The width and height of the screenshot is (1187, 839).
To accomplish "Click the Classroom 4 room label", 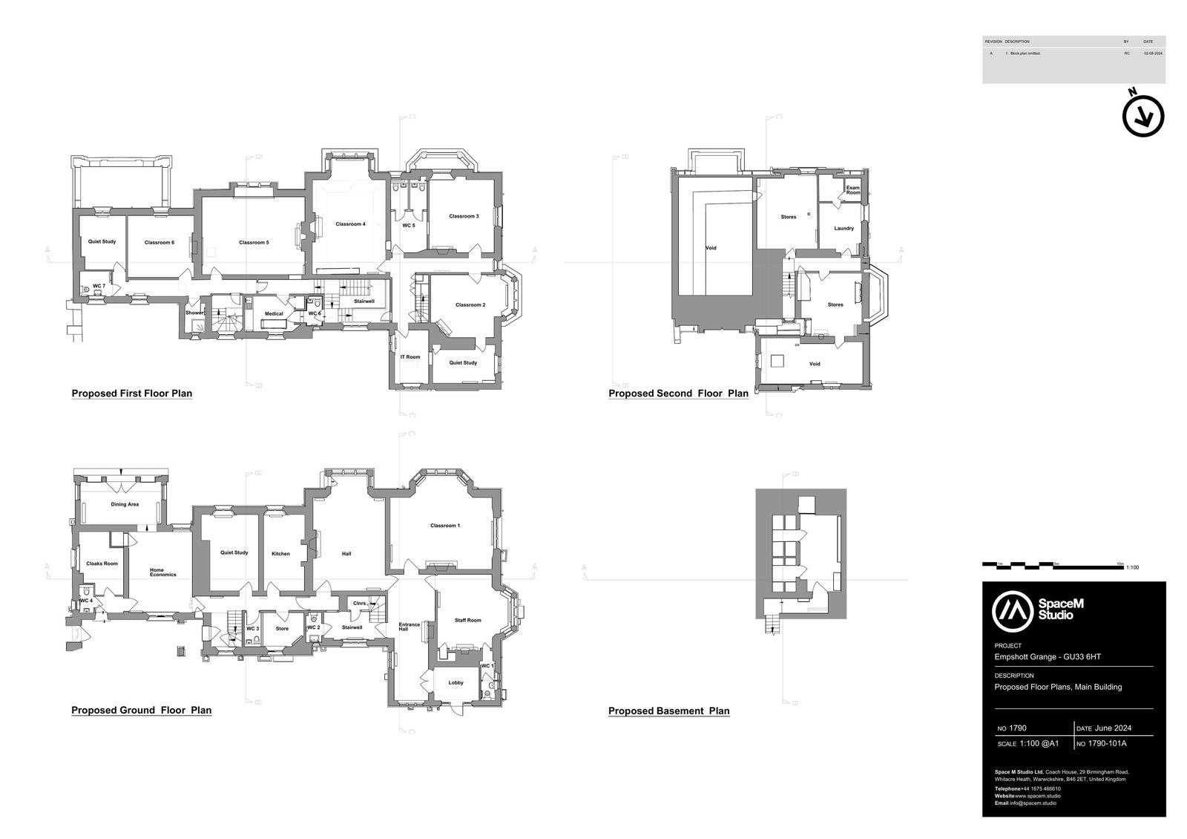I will [x=350, y=224].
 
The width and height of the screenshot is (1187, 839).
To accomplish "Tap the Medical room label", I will [x=274, y=313].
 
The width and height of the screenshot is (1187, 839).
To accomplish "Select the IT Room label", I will [x=410, y=357].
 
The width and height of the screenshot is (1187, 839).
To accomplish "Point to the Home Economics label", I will [x=162, y=572].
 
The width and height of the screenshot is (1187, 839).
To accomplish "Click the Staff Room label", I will [x=468, y=621].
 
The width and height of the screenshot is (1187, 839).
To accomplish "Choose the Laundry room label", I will [x=844, y=229].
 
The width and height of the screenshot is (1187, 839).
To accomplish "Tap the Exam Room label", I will [x=853, y=190].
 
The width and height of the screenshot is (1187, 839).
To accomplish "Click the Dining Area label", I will [x=125, y=505].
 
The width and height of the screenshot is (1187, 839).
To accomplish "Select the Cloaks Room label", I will [x=102, y=564].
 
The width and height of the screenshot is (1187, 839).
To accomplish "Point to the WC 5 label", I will [x=409, y=225].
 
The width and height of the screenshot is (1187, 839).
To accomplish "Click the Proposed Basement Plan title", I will [x=668, y=711].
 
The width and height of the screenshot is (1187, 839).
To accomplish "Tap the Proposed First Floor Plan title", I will [x=131, y=394].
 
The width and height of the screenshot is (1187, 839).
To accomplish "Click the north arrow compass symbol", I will [x=1143, y=117].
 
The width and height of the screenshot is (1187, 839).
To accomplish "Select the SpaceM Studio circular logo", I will [x=1013, y=610].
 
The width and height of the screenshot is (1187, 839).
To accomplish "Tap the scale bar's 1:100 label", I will [x=1133, y=568].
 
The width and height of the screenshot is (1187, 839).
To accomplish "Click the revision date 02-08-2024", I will [x=1153, y=53].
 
